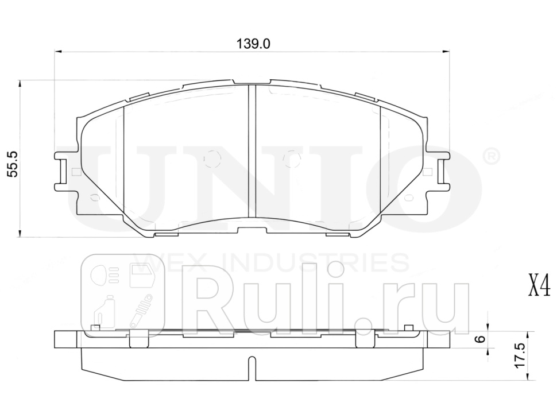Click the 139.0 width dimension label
pos(253,43)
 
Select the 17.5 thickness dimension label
pos(520,357)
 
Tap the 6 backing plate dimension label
pos(481,339)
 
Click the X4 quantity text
pos(539,285)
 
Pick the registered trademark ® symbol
pos(492,156)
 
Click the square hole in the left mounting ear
pos(75,171)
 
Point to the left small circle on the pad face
pos(212,156)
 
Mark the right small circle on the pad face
pos(292,156)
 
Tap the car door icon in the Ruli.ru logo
pos(141,275)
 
